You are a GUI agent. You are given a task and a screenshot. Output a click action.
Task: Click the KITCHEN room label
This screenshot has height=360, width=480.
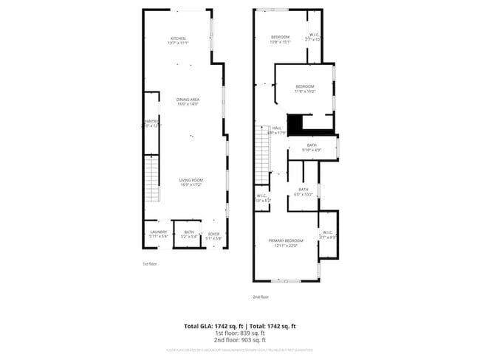(x=178, y=40)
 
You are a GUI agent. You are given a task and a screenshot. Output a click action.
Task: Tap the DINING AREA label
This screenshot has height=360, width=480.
(x=187, y=101)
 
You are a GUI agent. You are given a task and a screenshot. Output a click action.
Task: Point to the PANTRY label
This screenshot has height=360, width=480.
(x=151, y=123)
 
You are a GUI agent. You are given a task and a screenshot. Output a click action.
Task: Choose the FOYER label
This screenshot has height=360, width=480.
(x=213, y=234)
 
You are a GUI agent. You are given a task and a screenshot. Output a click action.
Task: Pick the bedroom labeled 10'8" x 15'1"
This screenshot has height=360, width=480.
(x=281, y=38)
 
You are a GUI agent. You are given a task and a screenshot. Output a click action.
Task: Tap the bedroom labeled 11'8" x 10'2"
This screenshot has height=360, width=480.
(x=305, y=89)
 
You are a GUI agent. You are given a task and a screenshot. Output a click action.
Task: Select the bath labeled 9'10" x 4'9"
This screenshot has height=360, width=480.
(x=312, y=147)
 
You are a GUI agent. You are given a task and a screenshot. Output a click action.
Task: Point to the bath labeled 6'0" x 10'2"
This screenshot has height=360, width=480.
(x=303, y=191)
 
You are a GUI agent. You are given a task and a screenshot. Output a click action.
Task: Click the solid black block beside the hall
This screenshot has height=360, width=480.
(x=295, y=125)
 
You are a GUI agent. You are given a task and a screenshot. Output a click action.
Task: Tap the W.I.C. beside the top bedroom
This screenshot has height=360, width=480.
(x=314, y=36)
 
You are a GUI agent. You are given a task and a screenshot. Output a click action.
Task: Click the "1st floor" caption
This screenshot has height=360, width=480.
(x=150, y=263)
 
